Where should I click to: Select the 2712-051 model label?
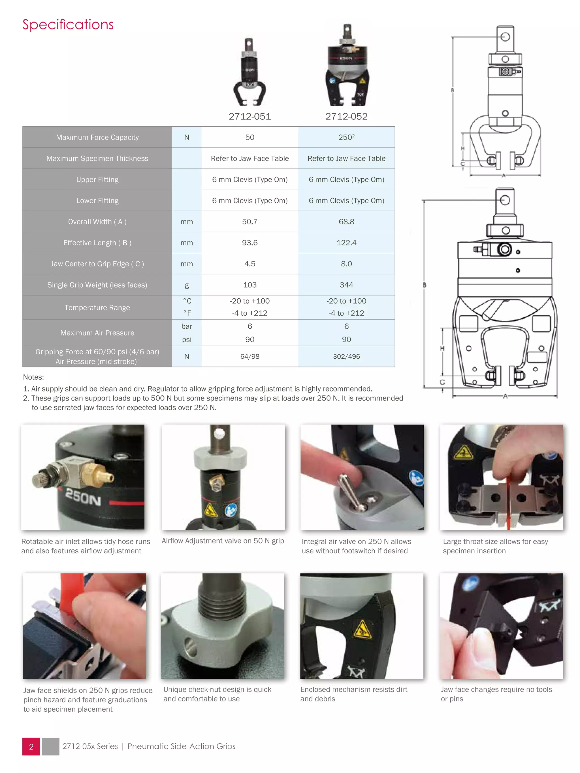250,116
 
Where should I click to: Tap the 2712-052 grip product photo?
347,67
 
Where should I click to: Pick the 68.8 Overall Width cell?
346,222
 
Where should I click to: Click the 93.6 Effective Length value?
250,243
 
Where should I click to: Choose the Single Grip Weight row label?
97,285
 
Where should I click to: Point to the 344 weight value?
346,285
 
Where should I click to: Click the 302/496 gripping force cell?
346,356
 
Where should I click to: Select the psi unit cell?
187,339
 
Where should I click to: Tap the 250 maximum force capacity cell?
346,137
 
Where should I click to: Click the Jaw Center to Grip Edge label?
97,264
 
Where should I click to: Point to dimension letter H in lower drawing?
442,348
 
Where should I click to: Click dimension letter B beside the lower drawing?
425,285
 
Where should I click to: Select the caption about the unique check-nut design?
217,694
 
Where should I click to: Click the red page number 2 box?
31,747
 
